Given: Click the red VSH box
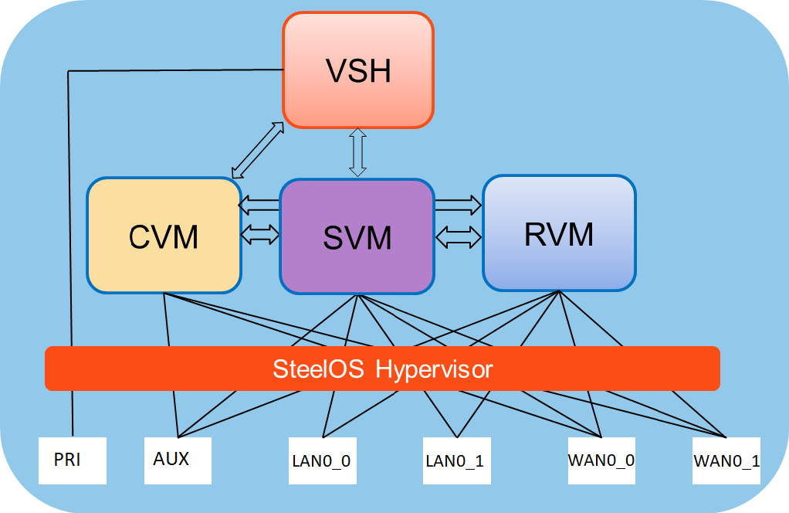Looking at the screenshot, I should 357,70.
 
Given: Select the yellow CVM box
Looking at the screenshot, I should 164,236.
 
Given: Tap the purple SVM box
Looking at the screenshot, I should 357,236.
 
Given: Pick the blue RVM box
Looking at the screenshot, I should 559,233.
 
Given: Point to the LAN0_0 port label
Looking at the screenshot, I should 321,461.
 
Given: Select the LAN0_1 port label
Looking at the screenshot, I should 455,461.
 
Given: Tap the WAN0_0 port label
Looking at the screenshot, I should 601,460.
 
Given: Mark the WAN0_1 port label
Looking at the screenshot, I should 726,461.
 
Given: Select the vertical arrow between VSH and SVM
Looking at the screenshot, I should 357,152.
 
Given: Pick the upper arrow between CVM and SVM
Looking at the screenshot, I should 259,206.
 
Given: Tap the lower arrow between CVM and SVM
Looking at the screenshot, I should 259,233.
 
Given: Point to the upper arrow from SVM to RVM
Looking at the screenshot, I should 458,205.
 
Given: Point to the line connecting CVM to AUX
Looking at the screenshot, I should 168,324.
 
